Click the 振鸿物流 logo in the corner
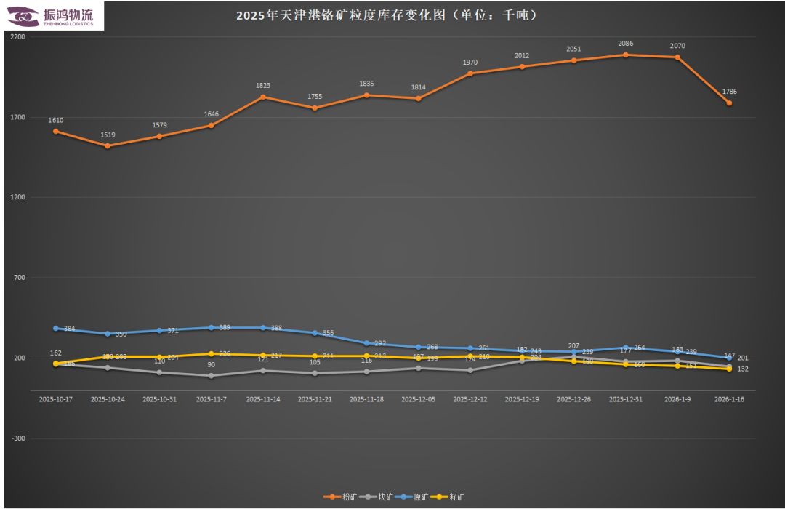click(52, 16)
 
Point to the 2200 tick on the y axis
click(19, 36)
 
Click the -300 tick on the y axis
click(19, 438)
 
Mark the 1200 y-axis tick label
click(19, 197)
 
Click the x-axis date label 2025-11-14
click(263, 399)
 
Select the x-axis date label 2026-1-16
click(729, 399)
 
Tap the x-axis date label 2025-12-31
click(625, 399)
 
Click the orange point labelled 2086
click(625, 55)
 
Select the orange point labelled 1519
click(108, 145)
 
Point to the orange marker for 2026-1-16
click(729, 103)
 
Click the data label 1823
click(263, 86)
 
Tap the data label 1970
click(470, 63)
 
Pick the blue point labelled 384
click(56, 328)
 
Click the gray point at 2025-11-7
click(211, 376)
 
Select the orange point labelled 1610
click(56, 131)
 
